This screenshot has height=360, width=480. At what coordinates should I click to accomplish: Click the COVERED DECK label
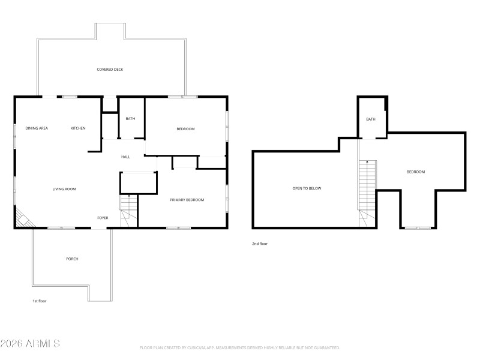[110, 70]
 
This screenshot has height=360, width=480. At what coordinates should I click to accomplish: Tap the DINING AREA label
[37, 128]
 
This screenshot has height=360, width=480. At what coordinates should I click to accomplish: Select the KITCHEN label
[78, 128]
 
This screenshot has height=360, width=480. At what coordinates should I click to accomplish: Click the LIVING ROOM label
[64, 189]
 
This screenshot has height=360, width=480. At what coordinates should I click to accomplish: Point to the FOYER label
[103, 218]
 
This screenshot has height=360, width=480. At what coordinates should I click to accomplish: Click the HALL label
[125, 157]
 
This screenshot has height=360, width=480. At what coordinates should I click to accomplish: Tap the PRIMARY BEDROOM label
[187, 200]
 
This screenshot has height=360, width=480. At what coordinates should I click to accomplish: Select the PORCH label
[72, 259]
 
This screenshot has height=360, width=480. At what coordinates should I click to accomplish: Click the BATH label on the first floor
[130, 119]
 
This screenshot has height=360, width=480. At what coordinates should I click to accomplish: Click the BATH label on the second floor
[371, 119]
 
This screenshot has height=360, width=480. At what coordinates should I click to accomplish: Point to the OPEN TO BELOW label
[307, 188]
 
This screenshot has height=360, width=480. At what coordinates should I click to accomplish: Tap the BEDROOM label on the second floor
[415, 172]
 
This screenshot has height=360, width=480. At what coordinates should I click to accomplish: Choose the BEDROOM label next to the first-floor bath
[185, 129]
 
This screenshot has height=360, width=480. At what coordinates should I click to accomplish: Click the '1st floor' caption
[39, 301]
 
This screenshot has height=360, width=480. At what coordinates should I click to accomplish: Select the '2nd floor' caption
[260, 244]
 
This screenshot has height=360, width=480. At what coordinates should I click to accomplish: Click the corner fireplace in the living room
[23, 220]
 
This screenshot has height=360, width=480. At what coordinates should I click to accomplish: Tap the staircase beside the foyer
[128, 211]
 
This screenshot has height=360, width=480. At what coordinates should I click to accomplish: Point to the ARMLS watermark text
[30, 344]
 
